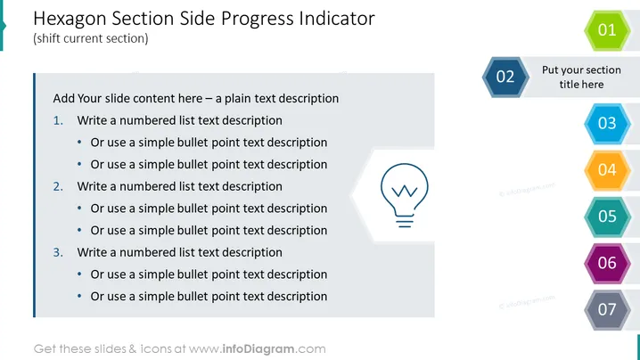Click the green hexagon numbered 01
607,30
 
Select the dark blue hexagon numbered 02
505,77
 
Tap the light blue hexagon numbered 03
607,123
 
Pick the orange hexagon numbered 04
607,170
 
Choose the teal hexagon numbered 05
607,217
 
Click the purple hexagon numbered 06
607,263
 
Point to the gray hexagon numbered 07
607,309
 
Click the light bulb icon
405,195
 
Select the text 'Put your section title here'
582,78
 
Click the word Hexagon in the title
70,20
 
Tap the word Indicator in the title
337,19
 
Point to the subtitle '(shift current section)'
91,39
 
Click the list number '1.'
58,120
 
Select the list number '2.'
58,186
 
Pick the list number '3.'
58,253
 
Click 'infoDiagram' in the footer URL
258,349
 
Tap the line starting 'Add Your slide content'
196,99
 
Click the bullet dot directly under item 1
79,142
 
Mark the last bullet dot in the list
79,296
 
